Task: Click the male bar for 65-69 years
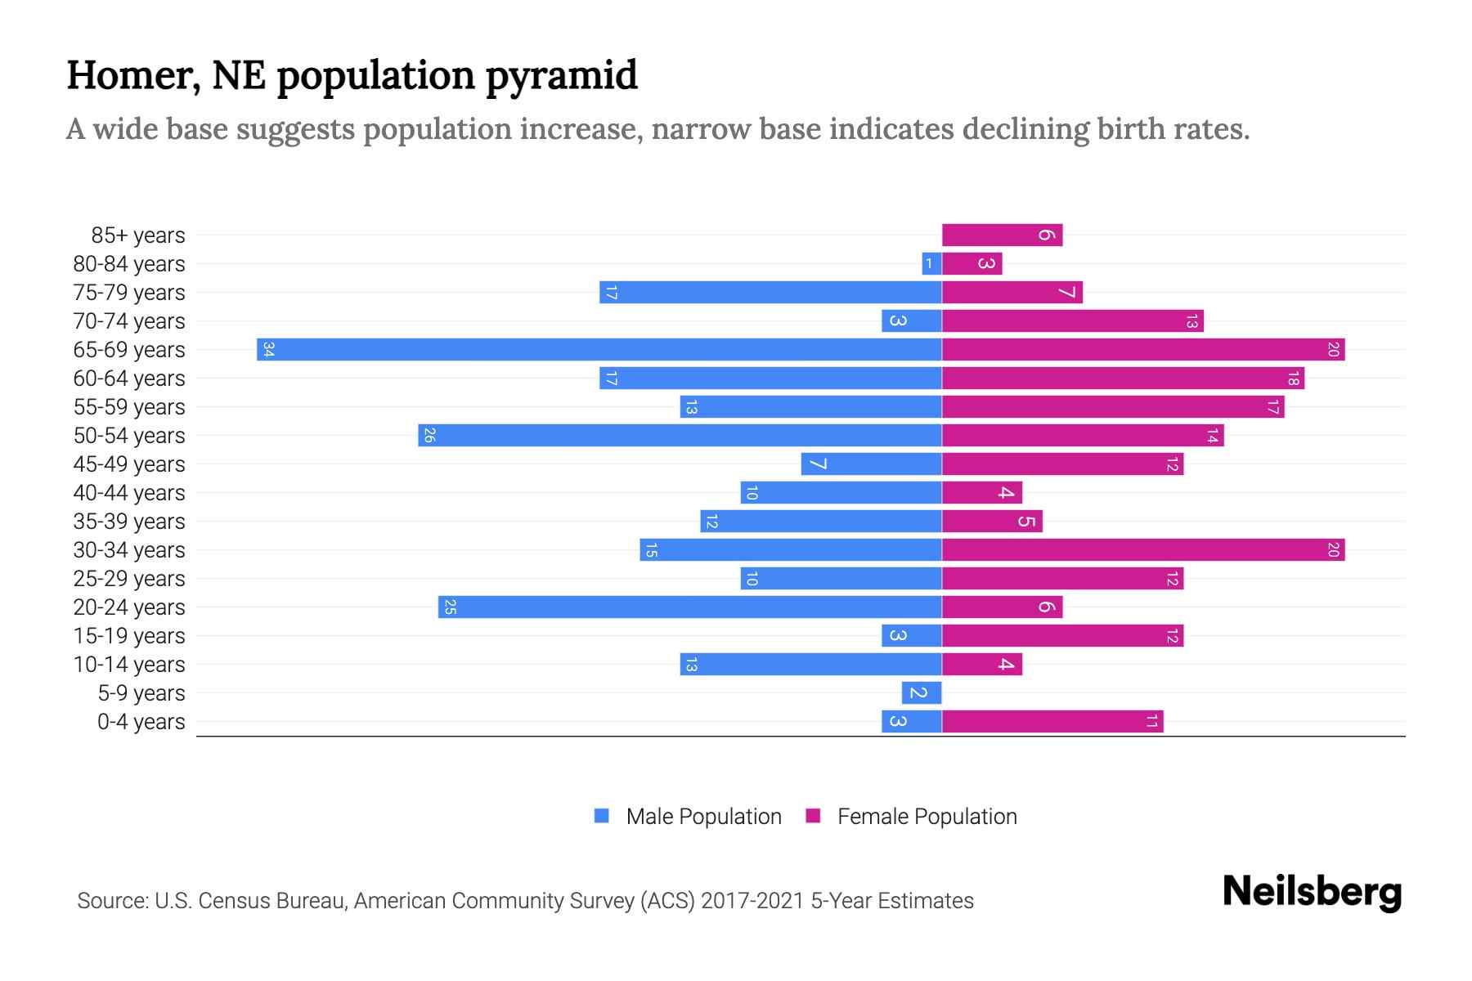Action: tap(599, 350)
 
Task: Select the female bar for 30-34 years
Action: tap(1143, 550)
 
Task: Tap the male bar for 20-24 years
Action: tap(689, 607)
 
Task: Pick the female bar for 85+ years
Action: tap(1002, 235)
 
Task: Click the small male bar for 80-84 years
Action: tap(931, 264)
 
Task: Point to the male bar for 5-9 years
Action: tap(922, 693)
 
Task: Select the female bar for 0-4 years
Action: tap(1052, 722)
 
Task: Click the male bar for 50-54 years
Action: tap(680, 436)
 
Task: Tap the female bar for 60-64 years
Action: tap(1123, 379)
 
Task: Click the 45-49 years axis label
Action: tap(129, 464)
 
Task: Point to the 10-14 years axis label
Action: tap(129, 665)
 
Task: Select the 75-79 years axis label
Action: tap(129, 293)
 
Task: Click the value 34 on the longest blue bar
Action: tap(268, 350)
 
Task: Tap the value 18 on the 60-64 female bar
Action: tap(1293, 379)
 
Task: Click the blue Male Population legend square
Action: tap(602, 816)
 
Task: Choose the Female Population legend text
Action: tap(927, 817)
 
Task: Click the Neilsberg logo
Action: tap(1312, 892)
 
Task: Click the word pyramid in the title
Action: tap(561, 76)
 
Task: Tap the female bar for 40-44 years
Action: tap(981, 493)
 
